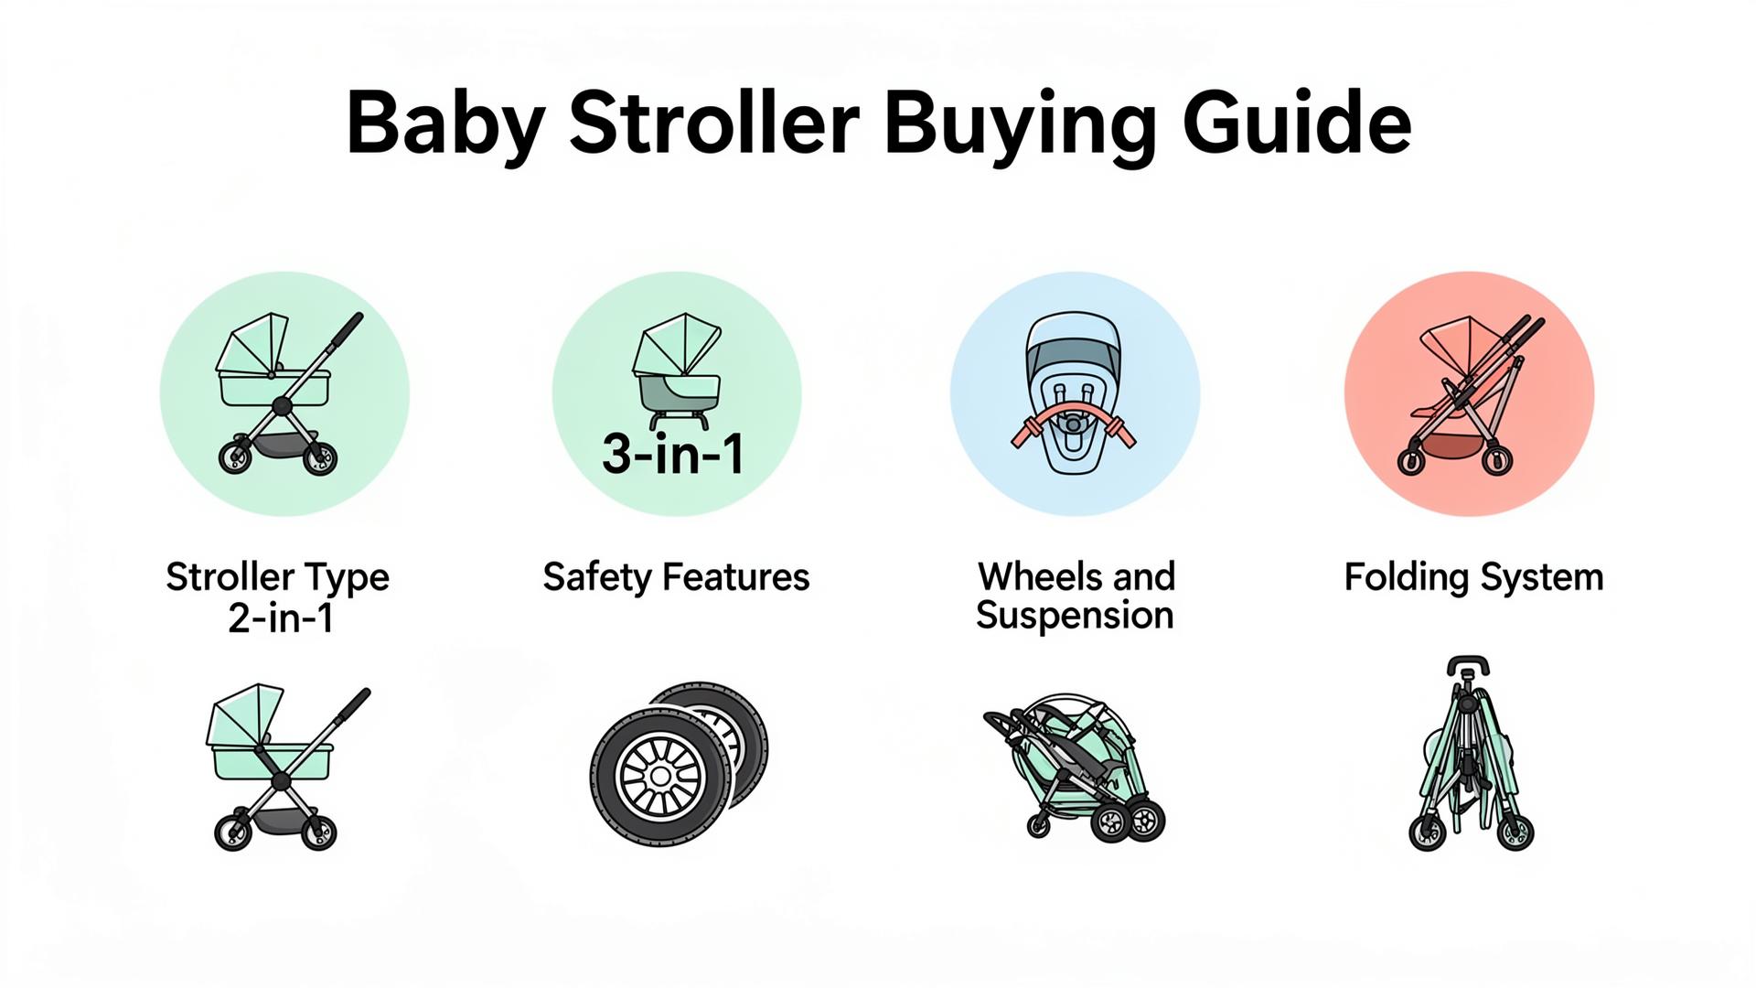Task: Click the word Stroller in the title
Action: pos(714,123)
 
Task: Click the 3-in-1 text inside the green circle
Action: pos(673,453)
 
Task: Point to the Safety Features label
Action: pos(676,577)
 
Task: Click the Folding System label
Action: pos(1473,578)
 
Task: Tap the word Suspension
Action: pos(1075,616)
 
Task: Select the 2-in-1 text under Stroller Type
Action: pos(281,618)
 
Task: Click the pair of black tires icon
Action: pos(679,761)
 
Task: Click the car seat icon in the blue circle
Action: pos(1074,394)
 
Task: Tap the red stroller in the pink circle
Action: pos(1470,394)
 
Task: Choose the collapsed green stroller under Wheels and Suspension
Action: pos(1075,767)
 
